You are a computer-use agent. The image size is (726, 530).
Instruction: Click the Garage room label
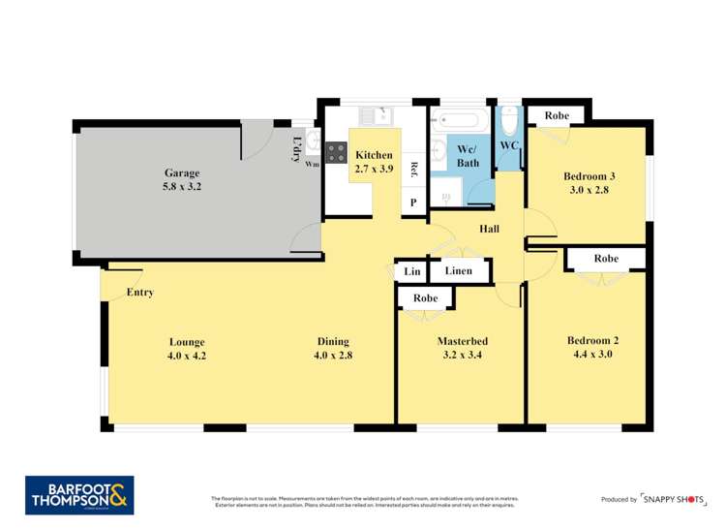click(182, 173)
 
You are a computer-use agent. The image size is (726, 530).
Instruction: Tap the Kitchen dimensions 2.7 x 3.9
click(374, 169)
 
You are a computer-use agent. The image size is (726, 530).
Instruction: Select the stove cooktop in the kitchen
click(336, 152)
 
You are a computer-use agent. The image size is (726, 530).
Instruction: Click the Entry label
click(139, 292)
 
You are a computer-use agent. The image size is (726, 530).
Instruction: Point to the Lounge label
click(187, 341)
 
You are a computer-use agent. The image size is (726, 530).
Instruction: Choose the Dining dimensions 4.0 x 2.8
click(332, 355)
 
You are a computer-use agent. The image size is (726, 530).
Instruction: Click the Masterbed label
click(462, 341)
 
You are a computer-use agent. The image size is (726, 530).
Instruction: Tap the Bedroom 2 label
click(592, 340)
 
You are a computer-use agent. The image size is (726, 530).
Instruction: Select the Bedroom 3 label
click(590, 176)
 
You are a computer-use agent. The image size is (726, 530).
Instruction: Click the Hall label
click(489, 229)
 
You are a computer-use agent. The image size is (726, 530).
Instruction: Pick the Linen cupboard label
click(460, 270)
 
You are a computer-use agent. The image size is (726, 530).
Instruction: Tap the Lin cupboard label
click(412, 271)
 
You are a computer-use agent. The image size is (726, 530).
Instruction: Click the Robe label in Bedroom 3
click(557, 115)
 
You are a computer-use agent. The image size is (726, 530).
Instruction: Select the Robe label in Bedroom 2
click(606, 259)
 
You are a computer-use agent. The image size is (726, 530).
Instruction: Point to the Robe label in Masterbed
click(426, 298)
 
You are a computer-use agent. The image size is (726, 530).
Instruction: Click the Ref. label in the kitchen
click(413, 170)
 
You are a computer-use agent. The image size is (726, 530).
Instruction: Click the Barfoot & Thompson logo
click(79, 494)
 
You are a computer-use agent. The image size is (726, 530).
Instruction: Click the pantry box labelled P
click(413, 203)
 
